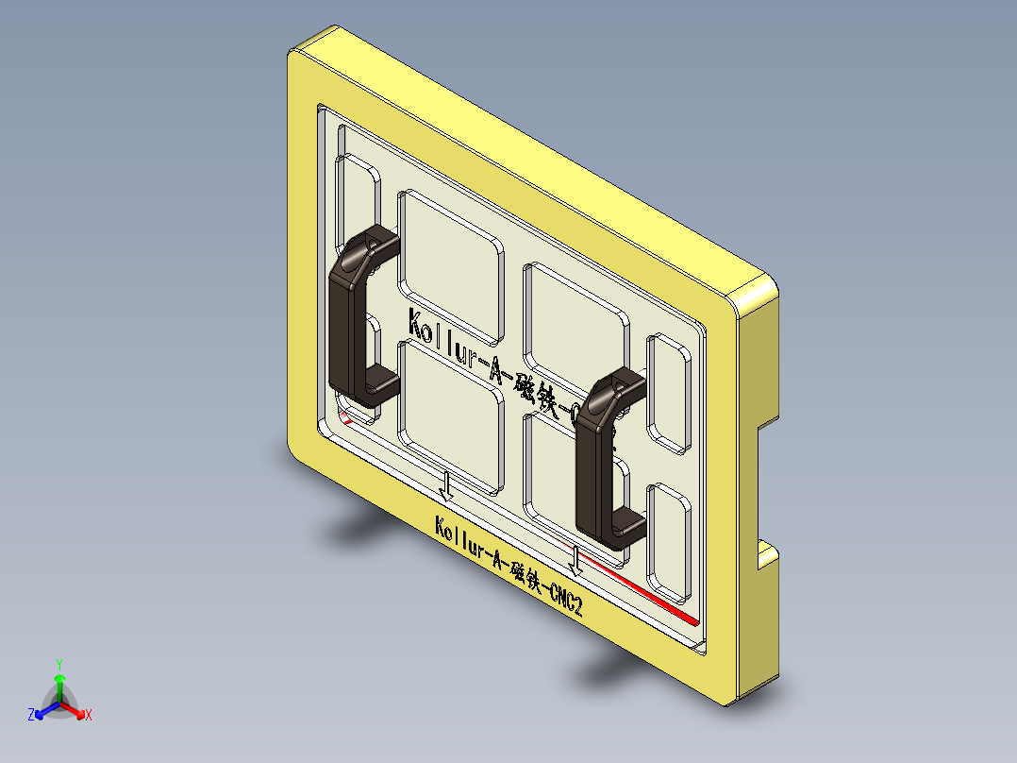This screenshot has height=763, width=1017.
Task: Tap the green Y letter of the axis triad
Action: coord(58,664)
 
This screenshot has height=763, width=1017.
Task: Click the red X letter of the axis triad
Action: coord(88,716)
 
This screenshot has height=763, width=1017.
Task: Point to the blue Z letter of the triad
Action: coord(31,716)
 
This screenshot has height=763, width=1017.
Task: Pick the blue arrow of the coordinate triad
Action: coord(43,711)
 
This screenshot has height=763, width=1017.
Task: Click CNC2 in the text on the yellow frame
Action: coord(566,598)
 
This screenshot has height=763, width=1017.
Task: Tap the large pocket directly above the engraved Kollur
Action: coord(451,264)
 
